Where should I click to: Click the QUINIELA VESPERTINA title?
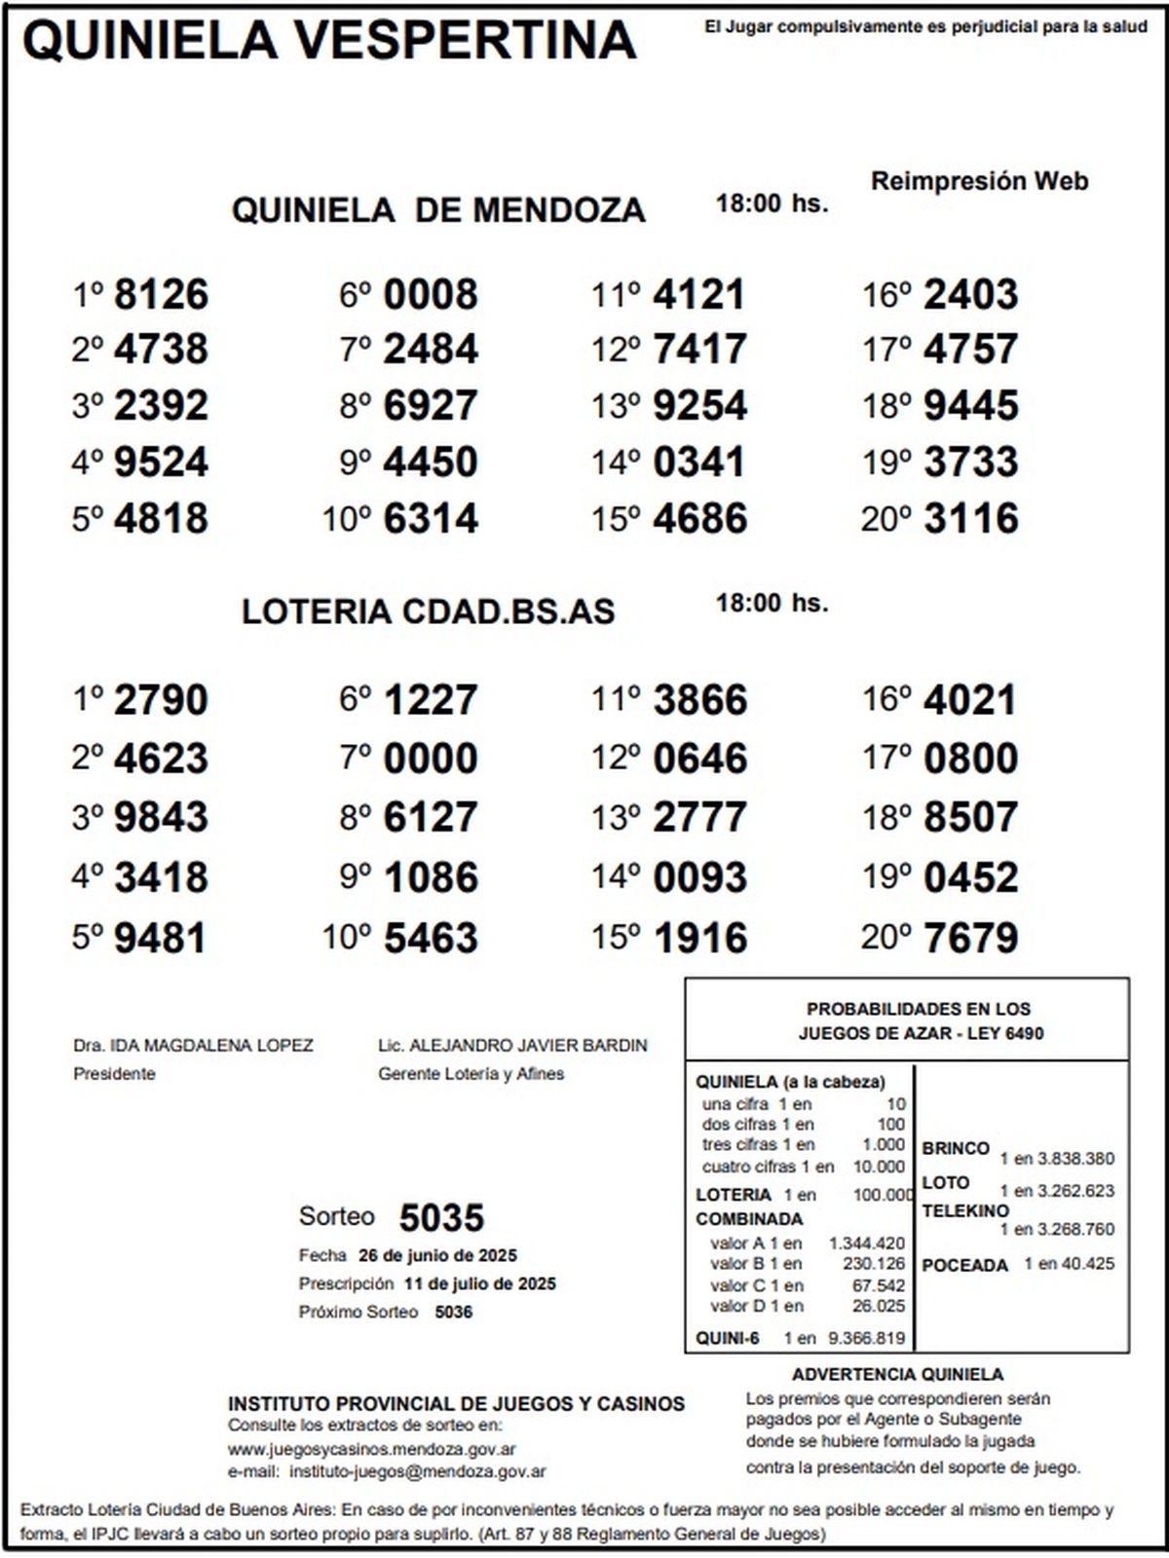click(x=329, y=41)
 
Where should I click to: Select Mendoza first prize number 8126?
click(x=161, y=294)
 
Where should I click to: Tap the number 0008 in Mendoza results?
click(x=431, y=294)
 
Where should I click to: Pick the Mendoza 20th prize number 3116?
click(x=970, y=518)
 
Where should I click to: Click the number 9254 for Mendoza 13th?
click(x=699, y=405)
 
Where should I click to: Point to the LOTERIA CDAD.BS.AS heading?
click(x=428, y=612)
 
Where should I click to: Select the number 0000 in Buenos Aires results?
click(x=431, y=759)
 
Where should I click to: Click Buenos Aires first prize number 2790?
click(x=161, y=700)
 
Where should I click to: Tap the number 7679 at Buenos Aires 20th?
click(x=970, y=938)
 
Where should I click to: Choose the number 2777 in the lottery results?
click(x=699, y=817)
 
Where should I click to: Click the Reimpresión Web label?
click(x=979, y=181)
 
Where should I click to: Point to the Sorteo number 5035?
click(x=441, y=1217)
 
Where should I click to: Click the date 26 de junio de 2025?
click(x=437, y=1255)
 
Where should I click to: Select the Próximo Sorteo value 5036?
click(x=454, y=1312)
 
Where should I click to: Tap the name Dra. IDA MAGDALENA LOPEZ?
click(x=193, y=1046)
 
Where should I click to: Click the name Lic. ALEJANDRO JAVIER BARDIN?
click(x=512, y=1046)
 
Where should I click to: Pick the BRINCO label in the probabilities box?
click(x=955, y=1148)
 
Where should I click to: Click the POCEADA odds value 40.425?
click(x=1089, y=1264)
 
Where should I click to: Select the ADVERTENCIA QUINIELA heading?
click(x=897, y=1375)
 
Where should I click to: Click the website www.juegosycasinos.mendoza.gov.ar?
click(x=372, y=1450)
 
